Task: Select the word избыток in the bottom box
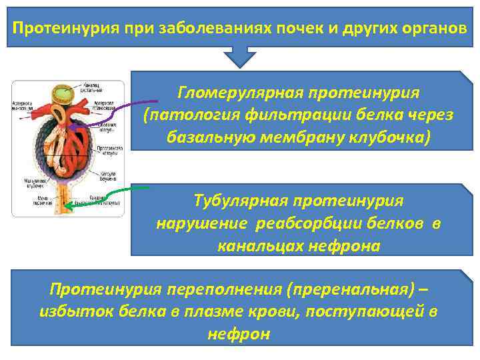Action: [70, 311]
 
